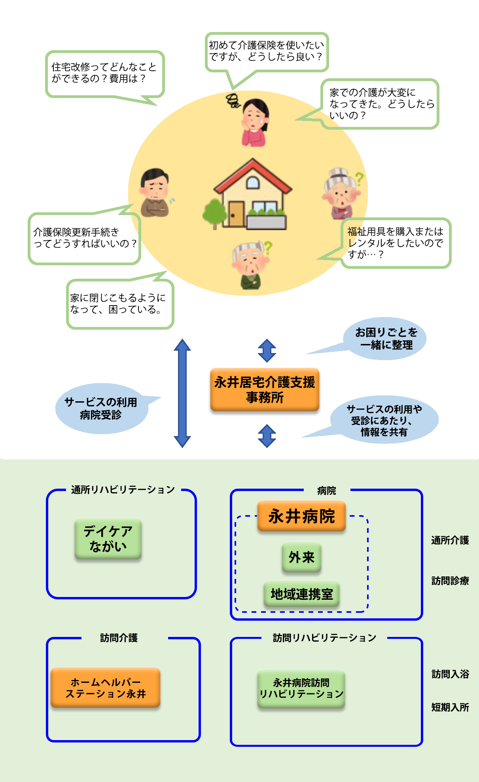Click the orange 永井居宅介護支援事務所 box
[x=265, y=390]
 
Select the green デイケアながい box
[x=108, y=538]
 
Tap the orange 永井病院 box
[x=301, y=516]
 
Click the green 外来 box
[x=301, y=557]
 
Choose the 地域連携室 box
[x=301, y=593]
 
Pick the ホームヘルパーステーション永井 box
[x=106, y=688]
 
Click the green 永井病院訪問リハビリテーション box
[x=301, y=688]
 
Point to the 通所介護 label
[x=450, y=540]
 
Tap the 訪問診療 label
[x=450, y=580]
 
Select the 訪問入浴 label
[x=450, y=674]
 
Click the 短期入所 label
[x=450, y=707]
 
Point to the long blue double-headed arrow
[x=182, y=393]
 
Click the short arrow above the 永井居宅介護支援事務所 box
[x=267, y=350]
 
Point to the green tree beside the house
[x=214, y=213]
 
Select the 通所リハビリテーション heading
[x=123, y=489]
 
